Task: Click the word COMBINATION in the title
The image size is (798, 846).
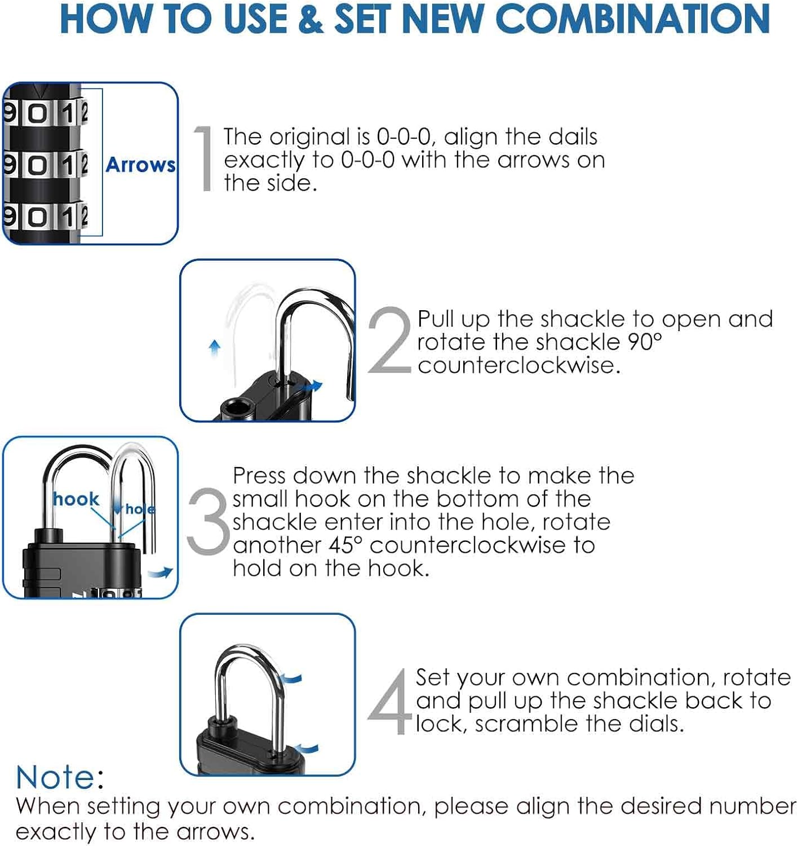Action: click(633, 19)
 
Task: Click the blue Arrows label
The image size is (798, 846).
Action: click(140, 165)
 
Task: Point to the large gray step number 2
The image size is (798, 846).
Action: click(389, 340)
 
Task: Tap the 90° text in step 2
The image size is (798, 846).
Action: click(645, 342)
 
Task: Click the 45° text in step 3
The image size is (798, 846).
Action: click(345, 545)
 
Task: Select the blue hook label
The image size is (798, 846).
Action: click(76, 499)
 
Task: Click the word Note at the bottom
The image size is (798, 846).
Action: click(55, 777)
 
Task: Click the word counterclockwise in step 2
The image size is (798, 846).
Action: click(518, 365)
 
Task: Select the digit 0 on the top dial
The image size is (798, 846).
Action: click(38, 114)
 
